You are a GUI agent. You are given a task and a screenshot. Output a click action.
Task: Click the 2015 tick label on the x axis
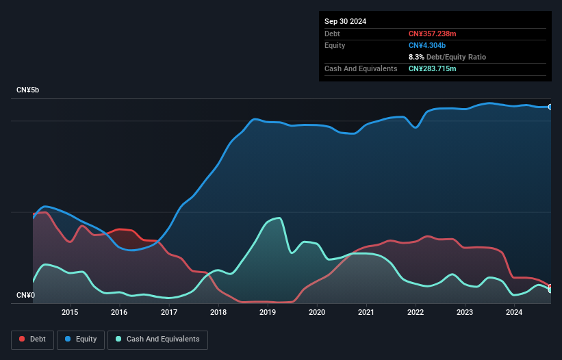70,312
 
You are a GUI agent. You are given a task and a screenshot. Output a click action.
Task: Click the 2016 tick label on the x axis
119,312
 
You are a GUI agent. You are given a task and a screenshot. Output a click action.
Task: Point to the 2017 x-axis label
169,312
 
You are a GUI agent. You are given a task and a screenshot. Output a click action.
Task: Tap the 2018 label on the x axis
218,312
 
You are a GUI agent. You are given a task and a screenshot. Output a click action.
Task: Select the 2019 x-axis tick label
268,312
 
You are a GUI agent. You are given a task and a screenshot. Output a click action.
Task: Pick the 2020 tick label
317,312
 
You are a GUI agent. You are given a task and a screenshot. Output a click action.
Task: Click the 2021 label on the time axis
366,312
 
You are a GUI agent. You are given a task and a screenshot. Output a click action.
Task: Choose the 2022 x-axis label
416,312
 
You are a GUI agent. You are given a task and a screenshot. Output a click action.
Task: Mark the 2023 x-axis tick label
465,312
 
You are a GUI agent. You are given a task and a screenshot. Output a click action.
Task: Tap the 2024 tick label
514,312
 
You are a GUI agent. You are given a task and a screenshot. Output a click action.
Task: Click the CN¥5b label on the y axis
28,90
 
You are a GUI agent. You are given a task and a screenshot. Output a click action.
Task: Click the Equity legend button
81,339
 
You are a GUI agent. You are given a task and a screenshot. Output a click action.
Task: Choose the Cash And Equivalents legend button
157,339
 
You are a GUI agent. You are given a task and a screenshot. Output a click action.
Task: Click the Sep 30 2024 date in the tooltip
345,21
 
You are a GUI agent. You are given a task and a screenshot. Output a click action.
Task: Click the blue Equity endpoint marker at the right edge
550,107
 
